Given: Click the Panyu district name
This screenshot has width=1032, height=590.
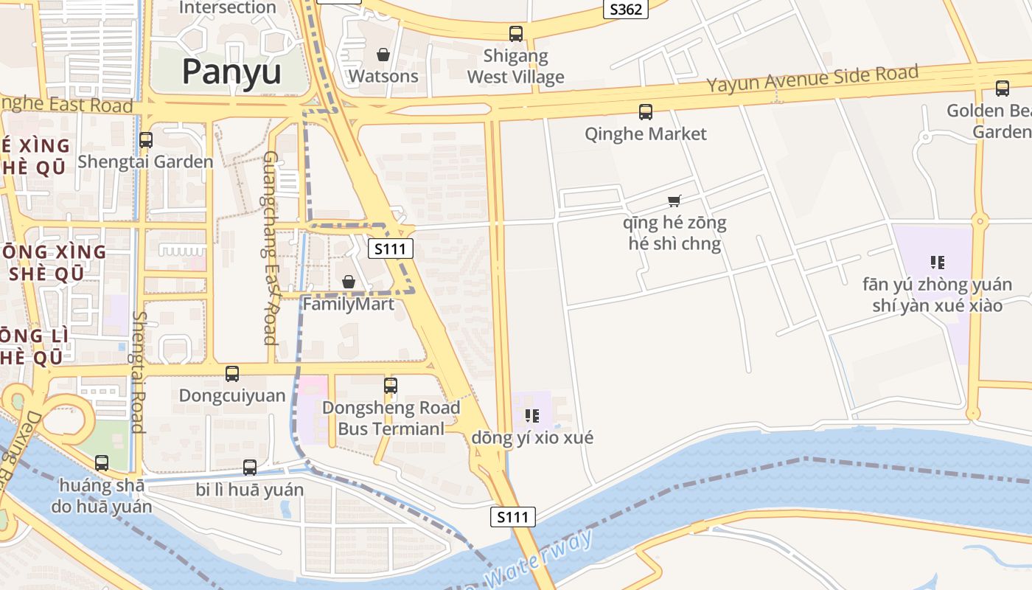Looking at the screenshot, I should [x=231, y=72].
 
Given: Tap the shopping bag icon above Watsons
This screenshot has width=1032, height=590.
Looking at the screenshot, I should [x=383, y=55].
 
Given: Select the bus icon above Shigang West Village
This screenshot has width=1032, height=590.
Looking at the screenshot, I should [x=515, y=34].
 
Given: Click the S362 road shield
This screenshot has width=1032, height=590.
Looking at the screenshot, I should [x=625, y=9].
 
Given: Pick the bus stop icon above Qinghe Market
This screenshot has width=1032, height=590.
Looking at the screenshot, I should [x=645, y=112].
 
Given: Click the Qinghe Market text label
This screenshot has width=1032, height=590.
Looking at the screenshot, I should [x=645, y=133].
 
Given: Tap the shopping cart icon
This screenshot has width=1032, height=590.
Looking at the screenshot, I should [x=674, y=201].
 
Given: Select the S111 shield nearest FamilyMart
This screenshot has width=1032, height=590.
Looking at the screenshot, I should [x=390, y=249].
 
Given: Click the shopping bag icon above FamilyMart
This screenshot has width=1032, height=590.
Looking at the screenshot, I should [x=348, y=282].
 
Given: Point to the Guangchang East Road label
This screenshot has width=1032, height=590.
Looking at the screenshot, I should [x=270, y=248].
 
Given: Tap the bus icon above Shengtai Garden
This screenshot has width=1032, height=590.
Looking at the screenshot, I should [x=145, y=139].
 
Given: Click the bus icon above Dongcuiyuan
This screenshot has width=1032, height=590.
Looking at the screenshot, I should [x=232, y=374].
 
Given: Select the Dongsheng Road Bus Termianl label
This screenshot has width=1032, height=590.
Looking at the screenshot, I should [x=391, y=417].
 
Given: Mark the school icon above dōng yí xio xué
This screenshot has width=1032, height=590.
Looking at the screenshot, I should [x=532, y=416].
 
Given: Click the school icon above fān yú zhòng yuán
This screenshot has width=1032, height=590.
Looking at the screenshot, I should [x=938, y=262].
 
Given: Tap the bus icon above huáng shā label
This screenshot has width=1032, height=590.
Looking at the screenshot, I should [x=102, y=463].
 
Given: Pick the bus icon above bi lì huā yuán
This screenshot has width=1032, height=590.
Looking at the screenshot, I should [x=250, y=467].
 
